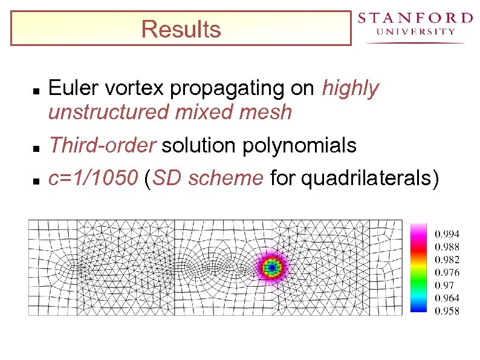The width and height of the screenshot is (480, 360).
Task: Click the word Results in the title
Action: (181, 29)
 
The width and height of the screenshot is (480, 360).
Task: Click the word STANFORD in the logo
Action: (415, 18)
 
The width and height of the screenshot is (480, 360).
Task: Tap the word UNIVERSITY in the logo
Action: (415, 32)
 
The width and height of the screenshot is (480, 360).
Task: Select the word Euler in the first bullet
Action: (69, 89)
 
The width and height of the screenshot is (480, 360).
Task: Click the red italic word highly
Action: (350, 89)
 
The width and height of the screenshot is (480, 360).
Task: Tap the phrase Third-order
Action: (102, 146)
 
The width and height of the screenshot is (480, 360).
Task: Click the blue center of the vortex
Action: (272, 266)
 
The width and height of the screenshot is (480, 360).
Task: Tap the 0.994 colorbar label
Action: (447, 234)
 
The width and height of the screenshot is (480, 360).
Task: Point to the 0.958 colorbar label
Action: (447, 311)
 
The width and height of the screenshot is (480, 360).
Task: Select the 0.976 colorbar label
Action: (447, 272)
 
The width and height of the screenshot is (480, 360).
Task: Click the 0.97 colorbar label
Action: (444, 285)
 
